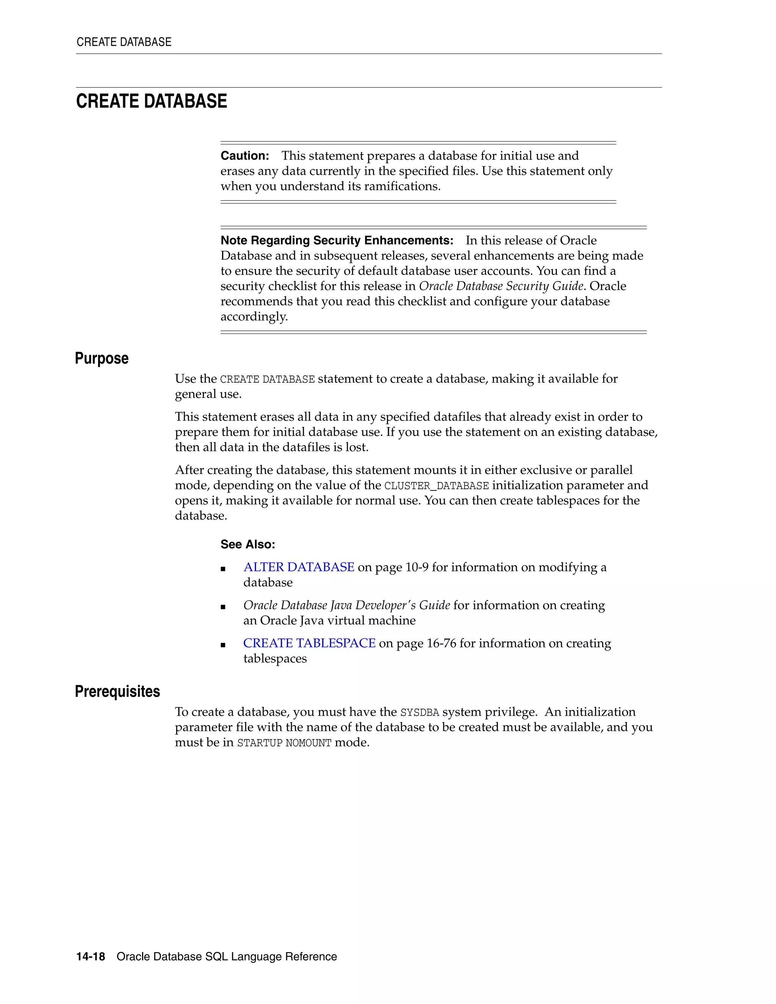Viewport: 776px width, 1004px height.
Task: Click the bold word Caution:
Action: (244, 156)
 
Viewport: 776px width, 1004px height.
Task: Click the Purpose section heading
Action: (102, 358)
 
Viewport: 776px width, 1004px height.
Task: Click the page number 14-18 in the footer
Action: (91, 957)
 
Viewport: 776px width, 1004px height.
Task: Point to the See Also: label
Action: (248, 544)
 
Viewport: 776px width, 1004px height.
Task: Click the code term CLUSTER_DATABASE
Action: (436, 486)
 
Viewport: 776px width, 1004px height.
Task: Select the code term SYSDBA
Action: (420, 713)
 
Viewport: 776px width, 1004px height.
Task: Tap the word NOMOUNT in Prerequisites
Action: (308, 743)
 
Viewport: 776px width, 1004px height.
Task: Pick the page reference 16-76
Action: (441, 643)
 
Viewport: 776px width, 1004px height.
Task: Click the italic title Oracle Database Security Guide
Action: (501, 286)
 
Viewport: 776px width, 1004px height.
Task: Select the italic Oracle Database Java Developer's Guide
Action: (347, 605)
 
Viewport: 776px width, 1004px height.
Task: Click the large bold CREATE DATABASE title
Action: (152, 101)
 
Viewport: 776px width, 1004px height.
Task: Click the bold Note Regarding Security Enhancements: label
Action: (336, 241)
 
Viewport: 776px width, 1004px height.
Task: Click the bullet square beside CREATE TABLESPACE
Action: (223, 645)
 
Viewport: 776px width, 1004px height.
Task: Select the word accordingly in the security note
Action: (254, 317)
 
